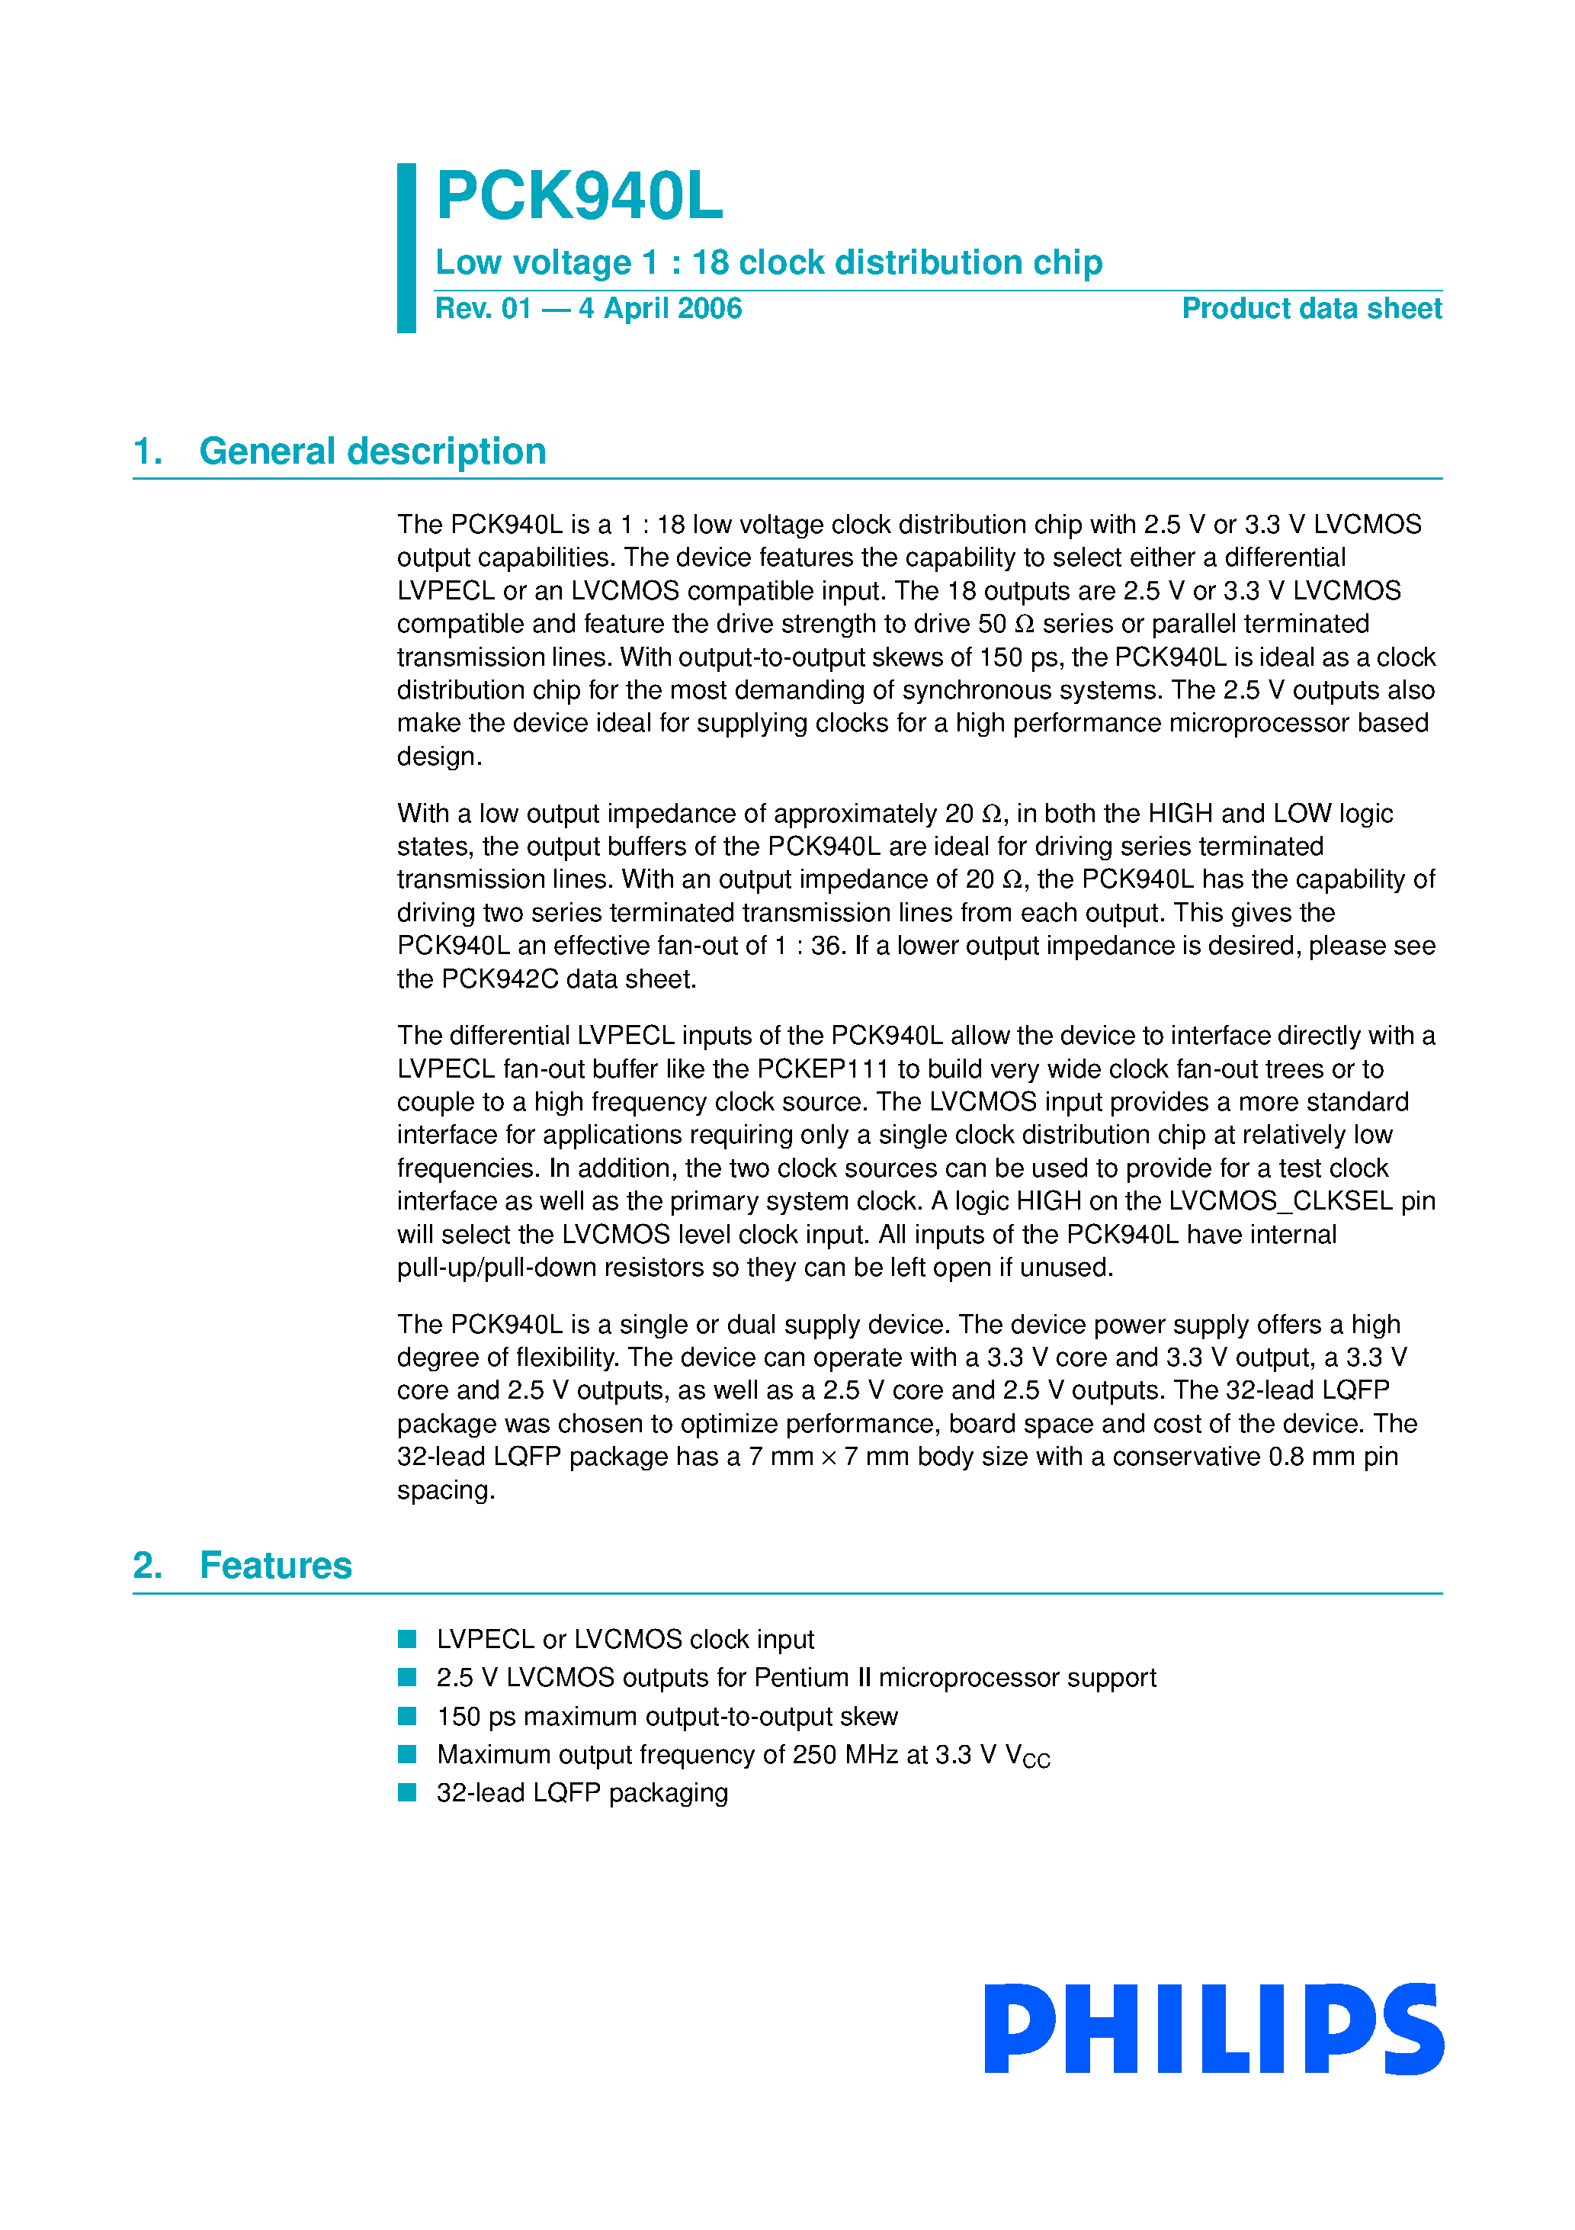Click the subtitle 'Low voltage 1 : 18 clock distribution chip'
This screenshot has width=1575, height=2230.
(768, 262)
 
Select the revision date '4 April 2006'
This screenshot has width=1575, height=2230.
(660, 309)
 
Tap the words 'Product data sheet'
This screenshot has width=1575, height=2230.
(1311, 309)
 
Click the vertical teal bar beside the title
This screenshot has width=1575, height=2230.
(406, 248)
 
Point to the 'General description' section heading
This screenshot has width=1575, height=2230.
(372, 451)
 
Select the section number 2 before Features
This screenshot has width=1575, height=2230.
(146, 1566)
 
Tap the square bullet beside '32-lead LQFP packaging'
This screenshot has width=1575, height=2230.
(407, 1792)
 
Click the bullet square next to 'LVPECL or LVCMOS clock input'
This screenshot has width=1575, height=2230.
(407, 1640)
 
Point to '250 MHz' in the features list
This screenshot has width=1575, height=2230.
(845, 1755)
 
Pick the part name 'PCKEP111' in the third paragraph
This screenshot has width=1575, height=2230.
(823, 1069)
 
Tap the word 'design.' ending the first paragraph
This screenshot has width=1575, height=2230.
(439, 757)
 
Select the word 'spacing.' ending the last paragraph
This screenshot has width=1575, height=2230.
(446, 1490)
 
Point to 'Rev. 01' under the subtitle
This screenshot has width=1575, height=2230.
(483, 309)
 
